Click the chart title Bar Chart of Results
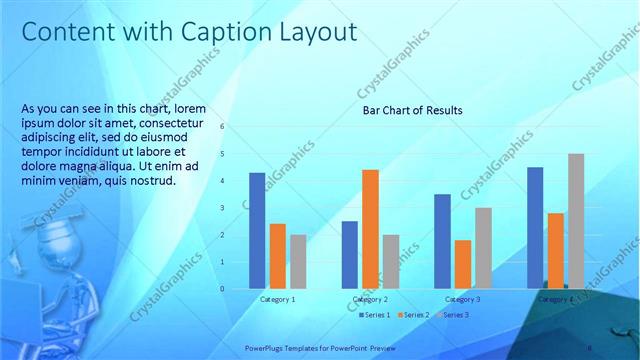point(412,110)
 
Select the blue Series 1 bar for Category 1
point(257,230)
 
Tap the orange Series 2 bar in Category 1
point(277,256)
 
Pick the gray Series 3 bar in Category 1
point(298,261)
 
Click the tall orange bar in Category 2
point(370,229)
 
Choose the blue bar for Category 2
point(350,255)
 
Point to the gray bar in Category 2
point(390,261)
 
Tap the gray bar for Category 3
point(483,248)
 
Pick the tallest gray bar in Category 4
point(576,221)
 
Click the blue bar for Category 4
point(535,227)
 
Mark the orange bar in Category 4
point(555,250)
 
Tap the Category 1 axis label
point(277,299)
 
